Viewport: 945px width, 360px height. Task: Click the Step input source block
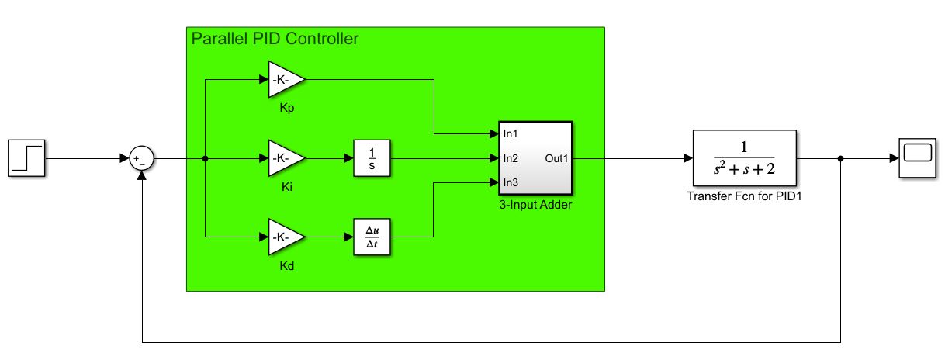pos(27,158)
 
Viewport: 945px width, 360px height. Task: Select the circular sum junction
pos(141,159)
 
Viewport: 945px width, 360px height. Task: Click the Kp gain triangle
pos(285,79)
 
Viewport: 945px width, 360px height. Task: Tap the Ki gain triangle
pos(285,159)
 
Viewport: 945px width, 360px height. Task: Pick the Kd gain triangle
pos(285,237)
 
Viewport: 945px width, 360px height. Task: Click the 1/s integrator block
pos(371,159)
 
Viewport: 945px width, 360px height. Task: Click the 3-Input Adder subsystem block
pos(535,158)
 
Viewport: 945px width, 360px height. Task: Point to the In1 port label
pos(511,133)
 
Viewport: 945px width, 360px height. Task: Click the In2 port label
pos(511,158)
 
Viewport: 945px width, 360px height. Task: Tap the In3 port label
pos(511,183)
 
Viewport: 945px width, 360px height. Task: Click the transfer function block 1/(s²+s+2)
pos(744,158)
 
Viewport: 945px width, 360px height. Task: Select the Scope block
pos(917,158)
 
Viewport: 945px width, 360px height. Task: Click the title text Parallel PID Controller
pos(275,39)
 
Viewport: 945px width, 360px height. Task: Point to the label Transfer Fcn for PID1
pos(743,196)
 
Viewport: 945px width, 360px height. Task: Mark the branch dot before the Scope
pos(842,159)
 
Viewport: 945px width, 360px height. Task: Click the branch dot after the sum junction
pos(205,159)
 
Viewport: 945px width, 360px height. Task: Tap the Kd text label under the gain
pos(286,266)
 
